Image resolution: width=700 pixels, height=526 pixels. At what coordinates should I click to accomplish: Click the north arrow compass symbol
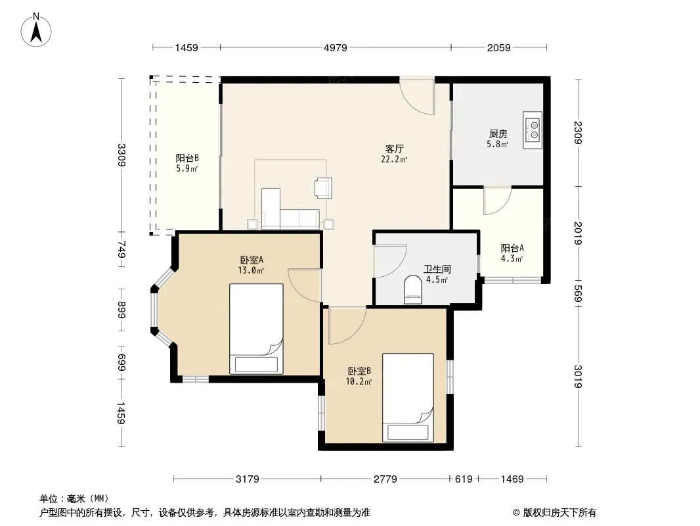36,30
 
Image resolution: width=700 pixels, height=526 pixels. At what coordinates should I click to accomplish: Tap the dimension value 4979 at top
336,47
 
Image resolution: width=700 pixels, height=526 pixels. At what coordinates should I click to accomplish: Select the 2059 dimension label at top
498,47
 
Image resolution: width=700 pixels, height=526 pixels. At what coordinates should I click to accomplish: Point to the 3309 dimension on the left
121,155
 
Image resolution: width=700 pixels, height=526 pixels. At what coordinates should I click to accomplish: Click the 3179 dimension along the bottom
248,479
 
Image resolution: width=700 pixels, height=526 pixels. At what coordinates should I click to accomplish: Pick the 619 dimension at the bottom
464,479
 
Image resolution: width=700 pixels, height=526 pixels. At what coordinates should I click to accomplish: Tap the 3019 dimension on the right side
578,376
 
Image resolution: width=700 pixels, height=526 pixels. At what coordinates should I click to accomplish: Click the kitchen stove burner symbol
533,130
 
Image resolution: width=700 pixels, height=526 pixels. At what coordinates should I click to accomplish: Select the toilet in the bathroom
412,289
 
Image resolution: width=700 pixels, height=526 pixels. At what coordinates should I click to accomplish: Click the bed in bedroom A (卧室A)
256,329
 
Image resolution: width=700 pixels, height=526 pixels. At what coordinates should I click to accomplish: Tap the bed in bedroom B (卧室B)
408,398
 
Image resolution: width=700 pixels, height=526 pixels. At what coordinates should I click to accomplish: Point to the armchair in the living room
323,187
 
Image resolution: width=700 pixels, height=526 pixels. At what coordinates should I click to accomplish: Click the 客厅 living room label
394,149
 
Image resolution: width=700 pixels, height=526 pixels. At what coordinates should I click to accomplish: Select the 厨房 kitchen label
498,133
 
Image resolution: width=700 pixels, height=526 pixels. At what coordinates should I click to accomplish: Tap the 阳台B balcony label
187,158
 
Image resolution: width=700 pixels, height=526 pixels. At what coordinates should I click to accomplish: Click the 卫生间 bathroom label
437,269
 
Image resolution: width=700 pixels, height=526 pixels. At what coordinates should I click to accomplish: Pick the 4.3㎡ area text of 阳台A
512,259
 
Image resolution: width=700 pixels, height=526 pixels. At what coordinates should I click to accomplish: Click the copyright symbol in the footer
516,513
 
